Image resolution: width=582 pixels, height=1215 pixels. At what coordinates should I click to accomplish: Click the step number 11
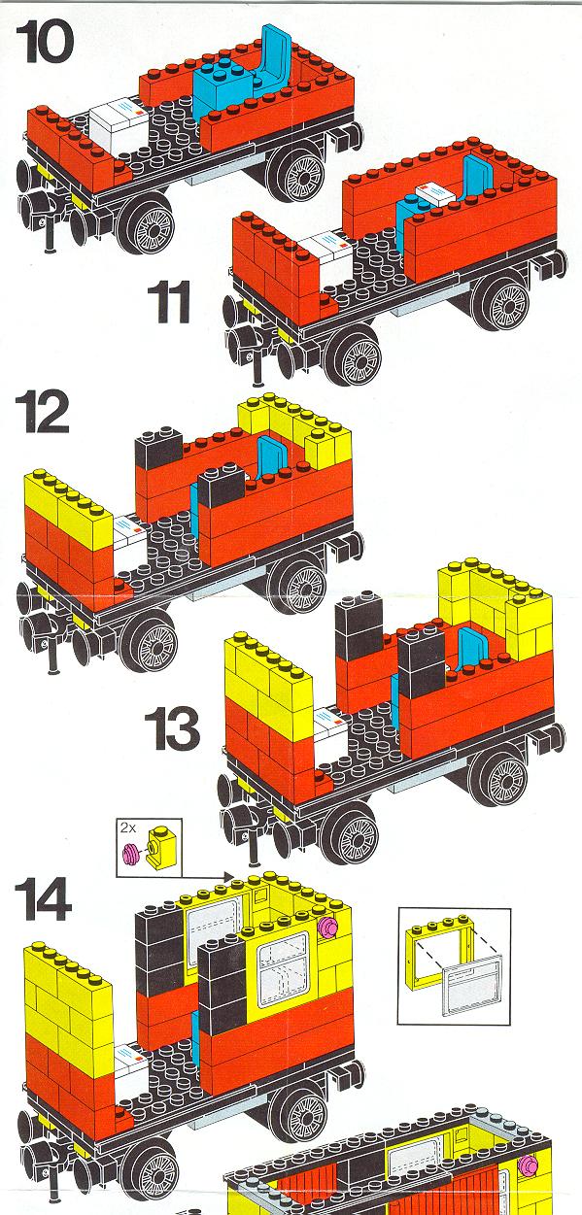click(169, 302)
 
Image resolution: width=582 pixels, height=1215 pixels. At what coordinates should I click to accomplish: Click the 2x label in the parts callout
click(128, 828)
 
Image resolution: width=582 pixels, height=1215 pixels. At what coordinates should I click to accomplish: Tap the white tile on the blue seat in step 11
click(435, 192)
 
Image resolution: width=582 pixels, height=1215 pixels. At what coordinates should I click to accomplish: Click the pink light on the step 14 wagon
click(328, 927)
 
